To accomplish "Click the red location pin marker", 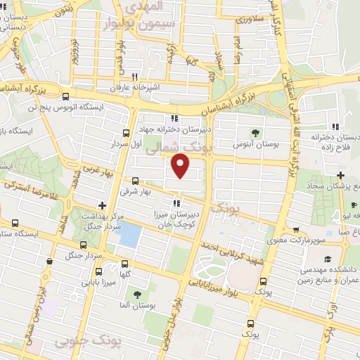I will point(181,166).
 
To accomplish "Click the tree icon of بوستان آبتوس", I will point(255,132).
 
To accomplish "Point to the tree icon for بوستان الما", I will point(136,294).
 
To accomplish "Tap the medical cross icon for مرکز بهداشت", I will point(103,206).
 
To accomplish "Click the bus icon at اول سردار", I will point(126,133).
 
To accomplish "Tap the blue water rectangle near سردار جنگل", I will point(129,236).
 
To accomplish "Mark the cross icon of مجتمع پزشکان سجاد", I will point(340,174).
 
